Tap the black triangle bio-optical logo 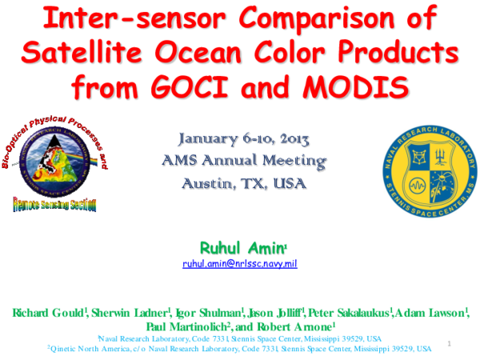pyautogui.click(x=51, y=159)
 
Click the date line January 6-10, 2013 pyautogui.click(x=240, y=139)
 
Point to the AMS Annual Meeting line pyautogui.click(x=240, y=161)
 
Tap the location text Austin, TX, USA pyautogui.click(x=240, y=183)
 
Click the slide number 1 pyautogui.click(x=450, y=344)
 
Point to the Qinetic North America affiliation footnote pyautogui.click(x=240, y=349)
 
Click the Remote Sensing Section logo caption pyautogui.click(x=54, y=205)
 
